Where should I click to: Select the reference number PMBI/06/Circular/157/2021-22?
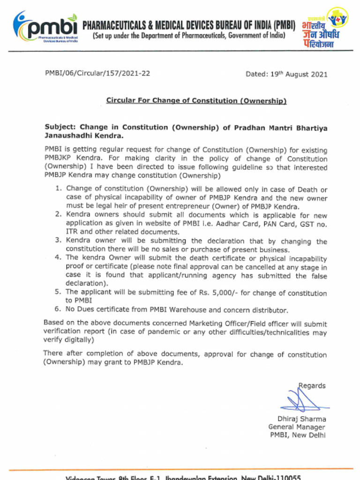97,73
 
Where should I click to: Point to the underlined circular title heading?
196,100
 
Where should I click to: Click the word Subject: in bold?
60,127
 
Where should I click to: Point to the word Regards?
312,386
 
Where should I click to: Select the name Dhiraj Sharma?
301,419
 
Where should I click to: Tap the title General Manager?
297,427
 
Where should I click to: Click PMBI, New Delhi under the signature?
298,435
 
